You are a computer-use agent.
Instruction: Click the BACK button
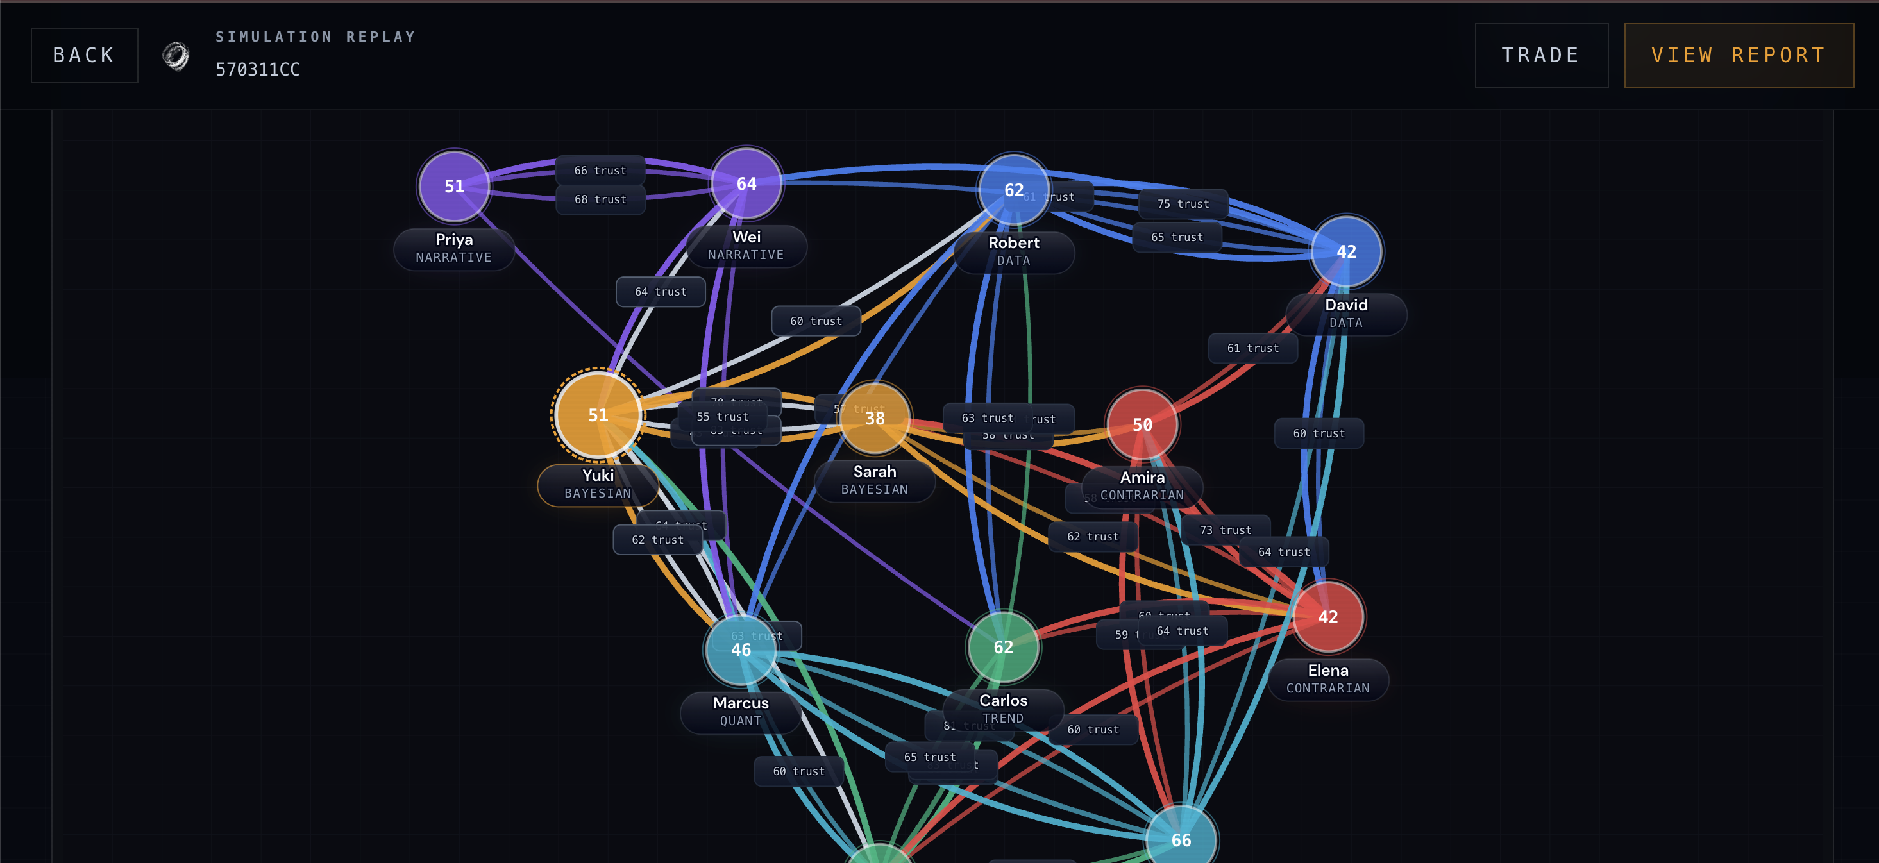[x=84, y=55]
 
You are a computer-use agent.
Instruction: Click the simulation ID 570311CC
[x=258, y=69]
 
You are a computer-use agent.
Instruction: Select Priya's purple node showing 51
[x=453, y=186]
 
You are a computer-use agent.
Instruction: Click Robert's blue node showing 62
[x=1013, y=190]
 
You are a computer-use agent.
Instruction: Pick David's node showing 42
[x=1346, y=252]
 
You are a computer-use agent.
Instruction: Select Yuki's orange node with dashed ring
[x=598, y=414]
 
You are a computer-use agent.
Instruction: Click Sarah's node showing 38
[x=874, y=418]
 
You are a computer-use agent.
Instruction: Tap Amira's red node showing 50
[x=1142, y=424]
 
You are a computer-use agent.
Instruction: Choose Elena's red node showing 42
[x=1327, y=617]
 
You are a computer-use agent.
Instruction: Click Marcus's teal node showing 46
[x=740, y=649]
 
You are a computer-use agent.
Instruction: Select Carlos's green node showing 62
[x=1003, y=647]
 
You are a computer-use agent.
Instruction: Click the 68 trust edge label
[x=600, y=200]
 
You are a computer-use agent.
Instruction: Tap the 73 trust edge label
[x=1225, y=530]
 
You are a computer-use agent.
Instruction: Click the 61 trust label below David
[x=1252, y=349]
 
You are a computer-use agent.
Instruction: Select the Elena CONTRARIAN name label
[x=1327, y=679]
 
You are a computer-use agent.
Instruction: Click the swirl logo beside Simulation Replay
[x=175, y=55]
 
